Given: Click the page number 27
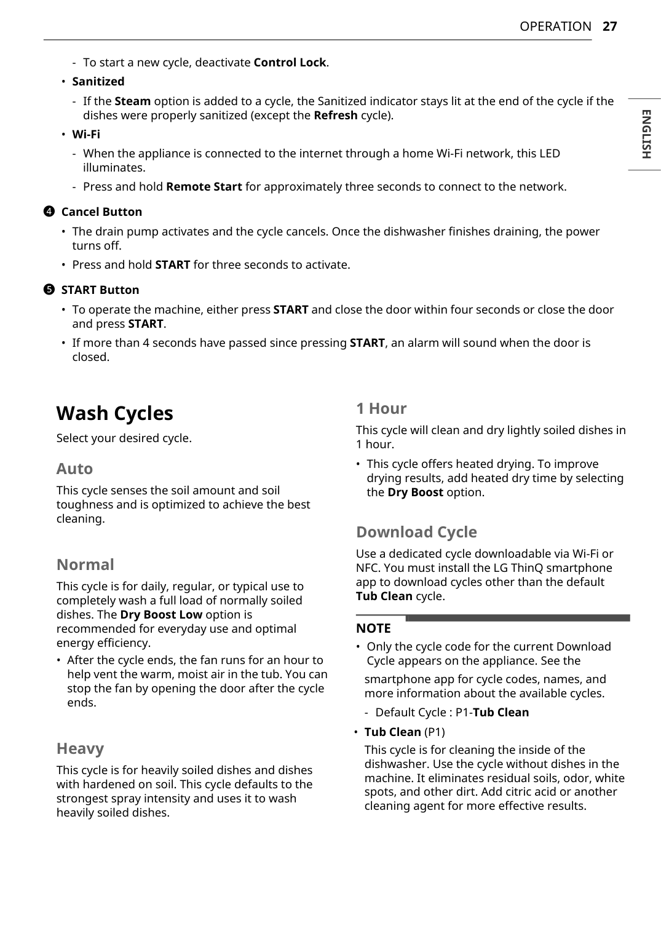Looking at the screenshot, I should tap(609, 26).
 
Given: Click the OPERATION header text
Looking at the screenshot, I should tap(555, 26).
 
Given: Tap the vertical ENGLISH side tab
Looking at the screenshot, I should tap(645, 134).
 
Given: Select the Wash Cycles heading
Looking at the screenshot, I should tap(114, 413).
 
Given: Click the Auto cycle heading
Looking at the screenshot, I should tap(74, 469).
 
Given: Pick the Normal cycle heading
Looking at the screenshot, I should tap(85, 564).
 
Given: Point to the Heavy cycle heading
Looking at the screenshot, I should tap(80, 748).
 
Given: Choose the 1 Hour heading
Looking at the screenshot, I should tap(381, 408).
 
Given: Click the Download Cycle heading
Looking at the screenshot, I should tap(416, 532).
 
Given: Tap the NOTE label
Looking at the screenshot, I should tap(373, 628).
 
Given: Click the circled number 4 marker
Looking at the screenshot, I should tap(49, 212).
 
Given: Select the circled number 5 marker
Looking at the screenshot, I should tap(49, 290).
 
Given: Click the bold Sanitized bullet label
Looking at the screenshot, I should tap(98, 81).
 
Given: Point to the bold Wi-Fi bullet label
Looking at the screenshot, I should tap(86, 134).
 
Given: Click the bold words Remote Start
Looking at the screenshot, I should tap(204, 186).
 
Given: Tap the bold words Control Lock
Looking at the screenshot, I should tap(290, 62).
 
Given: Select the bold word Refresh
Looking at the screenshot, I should tap(335, 115).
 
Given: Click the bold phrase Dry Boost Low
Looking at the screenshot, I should tap(161, 614).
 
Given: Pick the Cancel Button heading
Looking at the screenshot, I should tap(101, 212).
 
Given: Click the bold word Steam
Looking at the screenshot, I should tap(132, 101).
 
